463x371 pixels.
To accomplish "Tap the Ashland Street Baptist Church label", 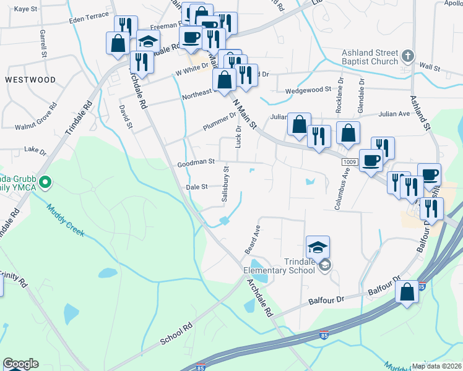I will tap(370, 57).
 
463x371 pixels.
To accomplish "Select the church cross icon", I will tap(407, 57).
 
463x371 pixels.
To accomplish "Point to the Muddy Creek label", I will tap(65, 221).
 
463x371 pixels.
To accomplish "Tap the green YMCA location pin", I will tap(45, 182).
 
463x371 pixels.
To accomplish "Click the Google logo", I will tap(20, 364).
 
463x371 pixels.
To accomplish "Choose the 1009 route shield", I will tap(349, 161).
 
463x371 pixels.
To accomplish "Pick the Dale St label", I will tap(196, 186).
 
